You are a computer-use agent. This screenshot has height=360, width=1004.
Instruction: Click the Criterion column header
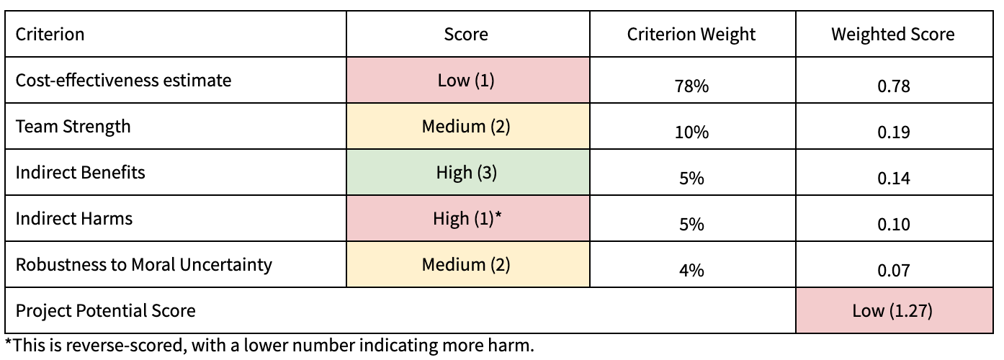coord(50,34)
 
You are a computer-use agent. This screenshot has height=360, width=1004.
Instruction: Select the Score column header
coord(466,34)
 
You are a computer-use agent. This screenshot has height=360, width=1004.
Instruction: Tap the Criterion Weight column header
coord(691,34)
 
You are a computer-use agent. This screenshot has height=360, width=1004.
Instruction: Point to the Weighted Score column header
coord(893,34)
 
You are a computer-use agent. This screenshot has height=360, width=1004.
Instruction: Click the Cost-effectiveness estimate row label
coord(124,80)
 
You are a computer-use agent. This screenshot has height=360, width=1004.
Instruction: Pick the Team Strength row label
coord(73,127)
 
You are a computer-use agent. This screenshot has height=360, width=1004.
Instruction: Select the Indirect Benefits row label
coord(81,173)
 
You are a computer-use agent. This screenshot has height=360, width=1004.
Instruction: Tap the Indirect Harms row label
coord(74,219)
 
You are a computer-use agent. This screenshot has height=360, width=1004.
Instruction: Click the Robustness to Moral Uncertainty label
coord(144,265)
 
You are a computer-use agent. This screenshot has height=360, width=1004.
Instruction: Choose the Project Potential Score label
coord(106,311)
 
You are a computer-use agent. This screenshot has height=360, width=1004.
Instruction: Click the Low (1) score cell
coord(466,80)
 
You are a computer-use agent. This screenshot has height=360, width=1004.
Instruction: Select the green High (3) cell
coord(466,173)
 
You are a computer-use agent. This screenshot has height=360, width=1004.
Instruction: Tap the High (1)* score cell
coord(466,219)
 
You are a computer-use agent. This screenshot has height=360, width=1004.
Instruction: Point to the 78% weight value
coord(691,86)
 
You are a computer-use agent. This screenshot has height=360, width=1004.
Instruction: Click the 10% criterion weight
coord(691,132)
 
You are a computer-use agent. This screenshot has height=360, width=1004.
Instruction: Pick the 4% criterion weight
coord(691,271)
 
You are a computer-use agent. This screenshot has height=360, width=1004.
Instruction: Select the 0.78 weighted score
coord(893,86)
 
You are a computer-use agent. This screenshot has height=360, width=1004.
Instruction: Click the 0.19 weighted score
coord(893,132)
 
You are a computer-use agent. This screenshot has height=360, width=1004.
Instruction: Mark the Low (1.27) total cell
coord(893,311)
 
